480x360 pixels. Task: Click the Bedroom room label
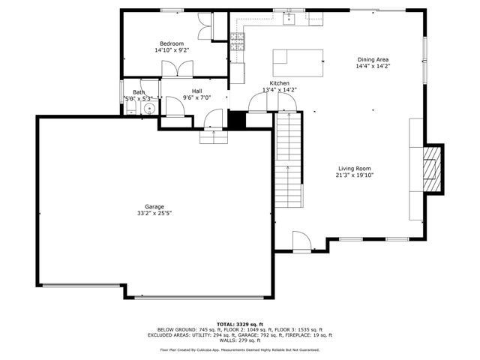[172, 43]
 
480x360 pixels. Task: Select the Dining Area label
[373, 59]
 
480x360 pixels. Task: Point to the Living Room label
[354, 169]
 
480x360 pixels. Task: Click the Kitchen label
[280, 83]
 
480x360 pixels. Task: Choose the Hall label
[196, 91]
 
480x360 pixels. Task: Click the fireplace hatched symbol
[431, 169]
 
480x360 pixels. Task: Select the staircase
[289, 161]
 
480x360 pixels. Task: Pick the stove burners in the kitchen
[238, 42]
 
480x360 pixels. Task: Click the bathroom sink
[149, 108]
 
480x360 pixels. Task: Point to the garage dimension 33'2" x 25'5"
[154, 214]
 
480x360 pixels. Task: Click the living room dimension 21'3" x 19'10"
[354, 175]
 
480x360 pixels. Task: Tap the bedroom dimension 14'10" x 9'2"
[172, 50]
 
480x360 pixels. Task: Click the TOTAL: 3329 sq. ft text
[239, 323]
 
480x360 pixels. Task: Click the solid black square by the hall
[238, 121]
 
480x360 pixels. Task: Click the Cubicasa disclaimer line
[239, 349]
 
